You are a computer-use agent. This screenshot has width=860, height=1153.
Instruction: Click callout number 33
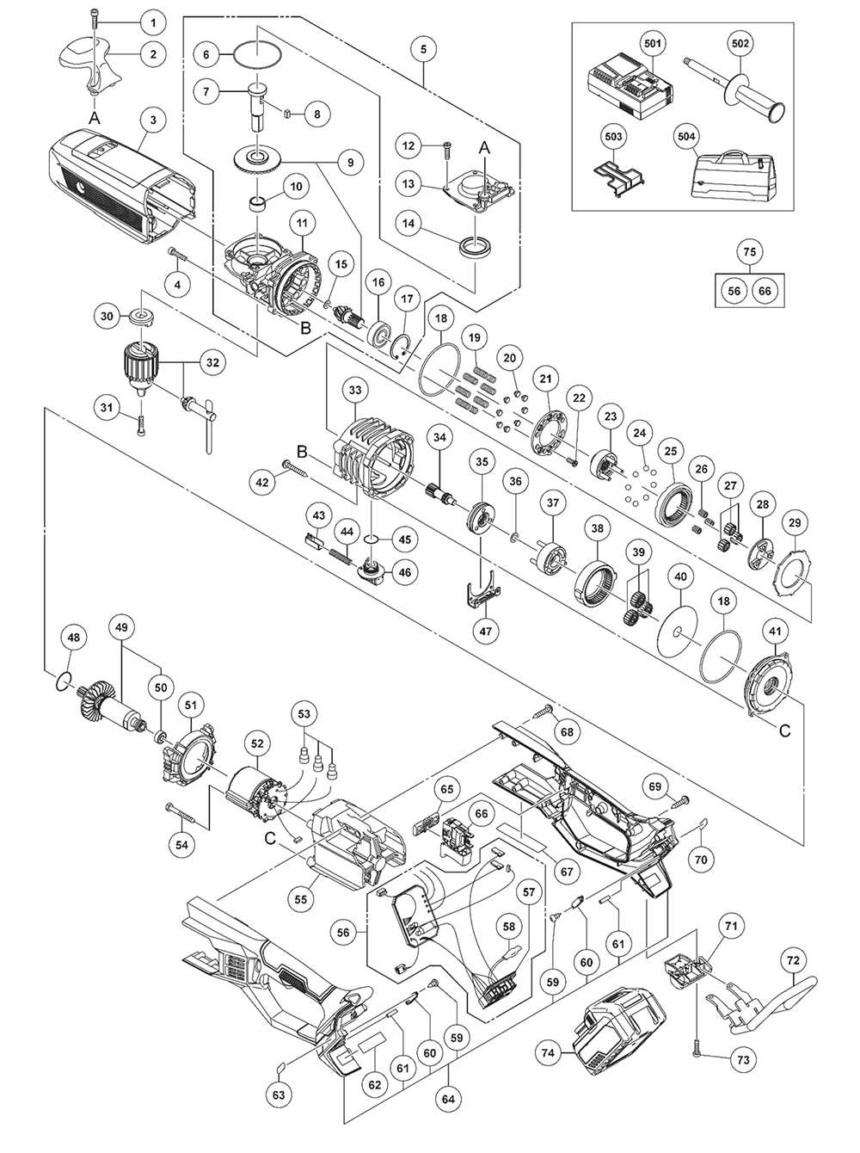[x=354, y=390]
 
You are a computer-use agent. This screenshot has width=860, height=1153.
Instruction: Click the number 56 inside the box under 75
[x=734, y=291]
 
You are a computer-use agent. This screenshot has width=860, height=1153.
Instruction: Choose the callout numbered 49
[x=120, y=629]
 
